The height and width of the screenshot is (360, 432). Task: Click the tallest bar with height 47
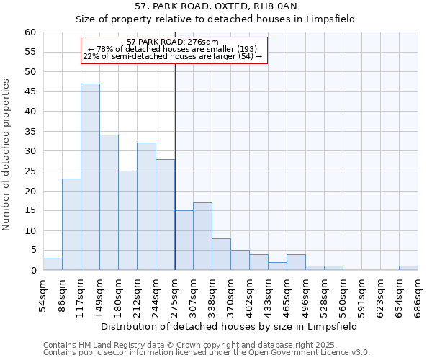point(90,177)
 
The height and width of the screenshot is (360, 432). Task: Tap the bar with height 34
point(109,202)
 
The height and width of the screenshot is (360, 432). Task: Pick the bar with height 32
point(146,207)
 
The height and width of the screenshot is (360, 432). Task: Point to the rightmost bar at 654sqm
point(408,268)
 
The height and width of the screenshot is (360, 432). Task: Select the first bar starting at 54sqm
point(53,264)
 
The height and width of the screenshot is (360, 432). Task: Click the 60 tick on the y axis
point(30,32)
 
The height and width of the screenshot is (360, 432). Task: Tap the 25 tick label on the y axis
point(30,171)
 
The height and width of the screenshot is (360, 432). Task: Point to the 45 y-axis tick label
point(30,92)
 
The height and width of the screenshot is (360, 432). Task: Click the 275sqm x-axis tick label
point(175,294)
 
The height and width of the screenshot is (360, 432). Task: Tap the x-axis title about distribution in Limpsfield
point(229,326)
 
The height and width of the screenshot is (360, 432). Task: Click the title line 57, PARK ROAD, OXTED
point(216,7)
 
